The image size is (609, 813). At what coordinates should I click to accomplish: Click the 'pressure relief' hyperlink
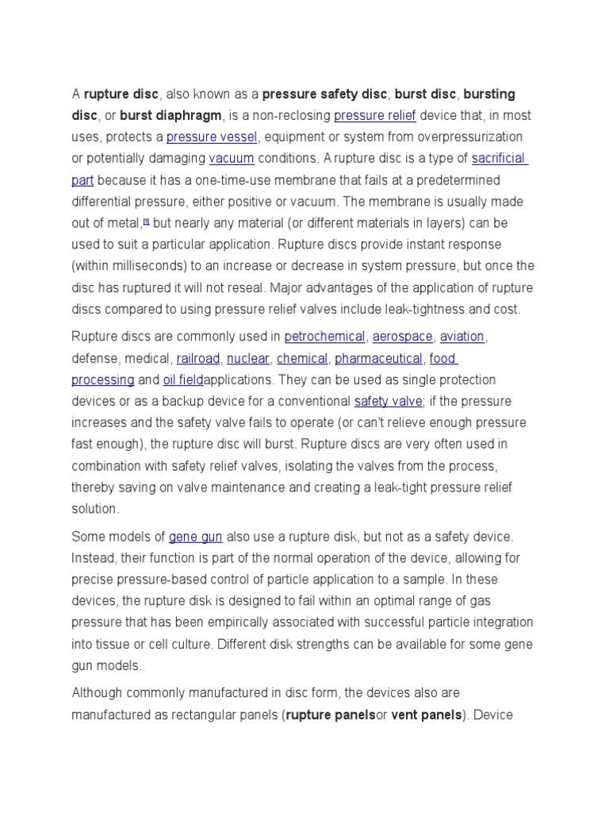click(x=375, y=116)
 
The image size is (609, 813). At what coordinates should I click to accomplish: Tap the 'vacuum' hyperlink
click(x=232, y=158)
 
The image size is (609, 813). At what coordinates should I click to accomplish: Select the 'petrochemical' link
click(x=324, y=337)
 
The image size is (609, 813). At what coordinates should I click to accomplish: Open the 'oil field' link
click(x=183, y=380)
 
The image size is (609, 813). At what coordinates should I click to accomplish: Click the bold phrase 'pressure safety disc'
click(x=324, y=94)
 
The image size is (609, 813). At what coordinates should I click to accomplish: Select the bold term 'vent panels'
click(x=426, y=715)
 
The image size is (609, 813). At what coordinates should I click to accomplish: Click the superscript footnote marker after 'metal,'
click(x=146, y=222)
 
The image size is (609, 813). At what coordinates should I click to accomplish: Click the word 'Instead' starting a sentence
click(x=92, y=559)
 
